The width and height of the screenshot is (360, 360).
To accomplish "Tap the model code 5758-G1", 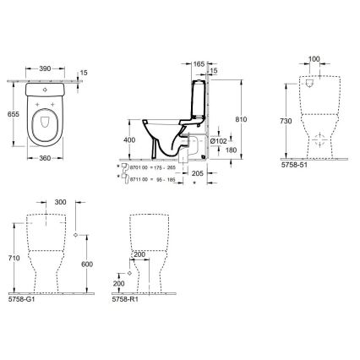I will [x=19, y=299].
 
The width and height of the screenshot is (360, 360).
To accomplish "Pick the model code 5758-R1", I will [x=124, y=299].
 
